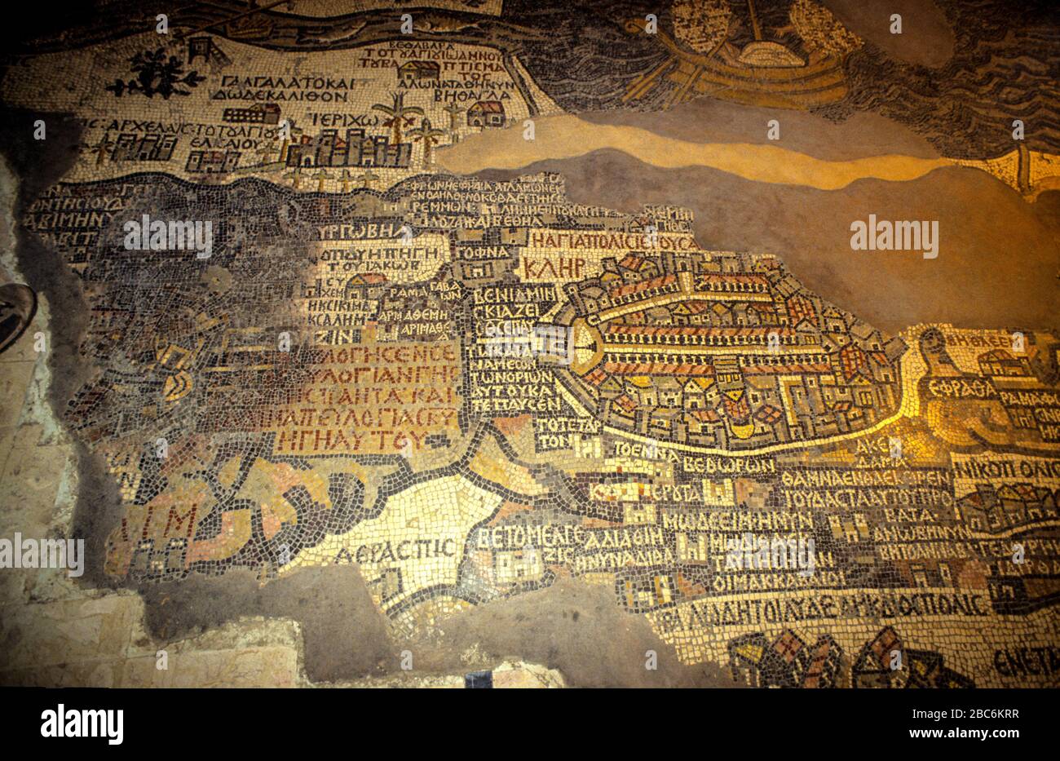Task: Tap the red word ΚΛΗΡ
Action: coord(554,268)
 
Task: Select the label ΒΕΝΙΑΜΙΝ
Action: coord(505,294)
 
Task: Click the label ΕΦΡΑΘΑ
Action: coord(968,388)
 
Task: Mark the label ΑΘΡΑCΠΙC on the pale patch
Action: coord(395,548)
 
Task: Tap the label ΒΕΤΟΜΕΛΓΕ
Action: coord(530,536)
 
